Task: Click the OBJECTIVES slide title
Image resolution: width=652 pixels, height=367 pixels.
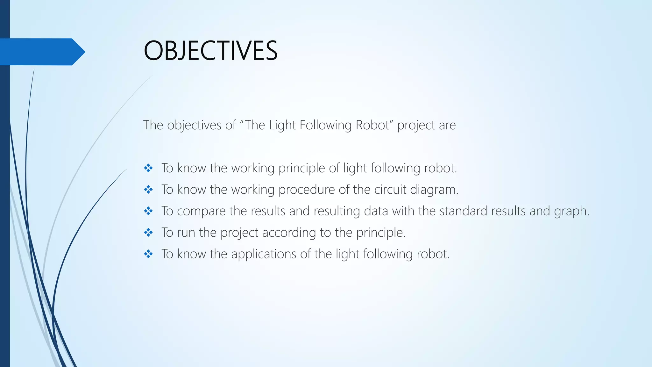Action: pyautogui.click(x=210, y=51)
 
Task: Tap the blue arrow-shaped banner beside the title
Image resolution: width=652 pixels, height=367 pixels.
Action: pyautogui.click(x=41, y=52)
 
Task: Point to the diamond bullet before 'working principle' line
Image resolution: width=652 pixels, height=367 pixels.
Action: pyautogui.click(x=148, y=168)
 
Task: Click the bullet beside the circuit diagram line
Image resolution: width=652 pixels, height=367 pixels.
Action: pyautogui.click(x=148, y=190)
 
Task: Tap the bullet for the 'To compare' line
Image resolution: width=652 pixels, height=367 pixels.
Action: pyautogui.click(x=148, y=211)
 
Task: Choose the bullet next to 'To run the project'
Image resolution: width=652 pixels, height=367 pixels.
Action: pyautogui.click(x=148, y=233)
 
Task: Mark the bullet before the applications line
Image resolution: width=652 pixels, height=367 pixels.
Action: pyautogui.click(x=148, y=254)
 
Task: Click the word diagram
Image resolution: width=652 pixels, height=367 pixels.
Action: pyautogui.click(x=434, y=190)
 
